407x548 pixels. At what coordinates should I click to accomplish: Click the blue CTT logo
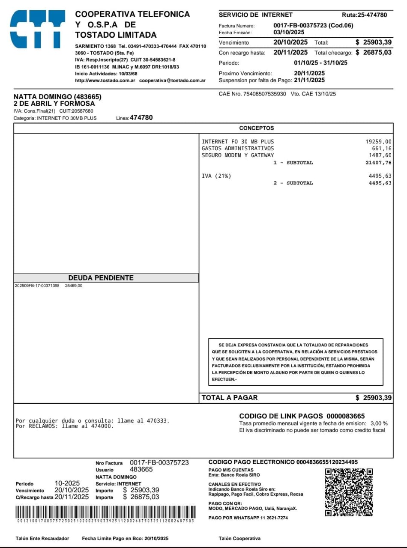pos(37,29)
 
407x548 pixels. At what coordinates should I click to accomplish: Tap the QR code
pos(349,492)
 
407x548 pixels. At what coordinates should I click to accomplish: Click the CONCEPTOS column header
pos(256,128)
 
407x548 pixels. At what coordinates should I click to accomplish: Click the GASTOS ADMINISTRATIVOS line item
pos(237,149)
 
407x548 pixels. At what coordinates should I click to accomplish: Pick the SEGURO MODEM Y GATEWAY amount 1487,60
pos(380,155)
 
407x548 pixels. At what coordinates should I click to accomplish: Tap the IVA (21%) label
pos(216,176)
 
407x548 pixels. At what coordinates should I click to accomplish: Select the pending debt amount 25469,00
pos(74,286)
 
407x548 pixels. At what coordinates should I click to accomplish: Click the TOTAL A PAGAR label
pos(230,398)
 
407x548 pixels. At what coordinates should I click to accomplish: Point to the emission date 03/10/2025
pos(289,32)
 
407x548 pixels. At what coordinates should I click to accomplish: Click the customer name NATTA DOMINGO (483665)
pos(57,97)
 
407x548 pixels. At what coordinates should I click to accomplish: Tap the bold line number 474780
pos(141,117)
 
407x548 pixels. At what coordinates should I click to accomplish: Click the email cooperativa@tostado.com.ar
pos(172,80)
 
